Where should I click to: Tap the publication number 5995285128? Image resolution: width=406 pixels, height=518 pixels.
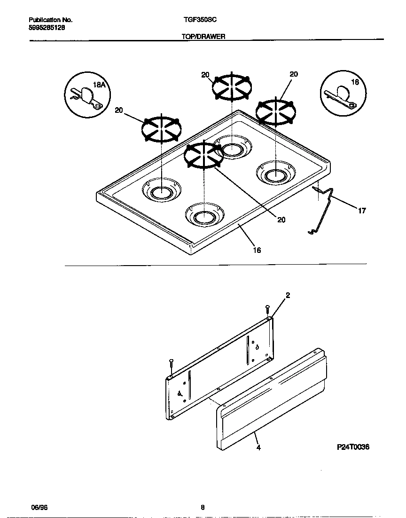point(47,27)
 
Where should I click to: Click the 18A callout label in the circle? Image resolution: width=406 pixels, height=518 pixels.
point(98,85)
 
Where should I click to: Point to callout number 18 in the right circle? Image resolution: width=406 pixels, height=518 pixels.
point(355,82)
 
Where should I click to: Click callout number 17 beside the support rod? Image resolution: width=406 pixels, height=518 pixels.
point(362,211)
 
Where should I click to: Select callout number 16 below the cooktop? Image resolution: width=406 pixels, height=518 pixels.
point(257,250)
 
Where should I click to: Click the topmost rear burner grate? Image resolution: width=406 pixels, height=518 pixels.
point(232,87)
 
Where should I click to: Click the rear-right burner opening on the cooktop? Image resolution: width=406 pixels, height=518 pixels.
point(274,174)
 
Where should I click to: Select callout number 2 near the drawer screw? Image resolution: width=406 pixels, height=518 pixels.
point(288,295)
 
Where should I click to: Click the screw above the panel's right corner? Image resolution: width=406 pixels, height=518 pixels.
point(267,310)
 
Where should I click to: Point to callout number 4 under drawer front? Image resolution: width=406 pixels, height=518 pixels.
point(258,447)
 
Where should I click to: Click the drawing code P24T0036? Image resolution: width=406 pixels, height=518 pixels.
point(353,447)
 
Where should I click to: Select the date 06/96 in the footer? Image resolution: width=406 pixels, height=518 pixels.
point(37,507)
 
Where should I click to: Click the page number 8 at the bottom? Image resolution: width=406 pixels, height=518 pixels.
point(203,507)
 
